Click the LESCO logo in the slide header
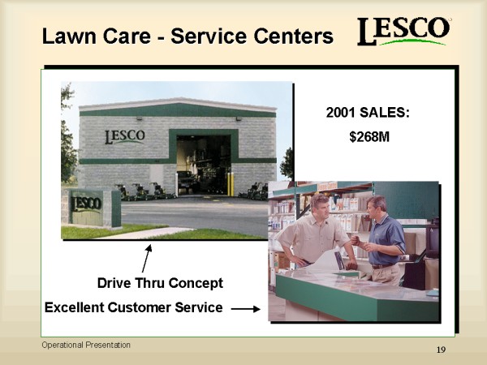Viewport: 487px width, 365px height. pos(403,31)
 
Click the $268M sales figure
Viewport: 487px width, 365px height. pos(369,137)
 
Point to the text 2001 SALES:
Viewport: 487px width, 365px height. pos(368,113)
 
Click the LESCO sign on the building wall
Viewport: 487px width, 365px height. pos(125,136)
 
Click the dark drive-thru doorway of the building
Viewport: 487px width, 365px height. pos(204,165)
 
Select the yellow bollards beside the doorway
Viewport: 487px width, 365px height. pos(231,184)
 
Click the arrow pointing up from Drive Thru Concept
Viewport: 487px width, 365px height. pos(147,258)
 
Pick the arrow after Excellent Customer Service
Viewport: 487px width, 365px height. pos(246,309)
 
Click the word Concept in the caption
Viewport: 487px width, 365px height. pos(196,283)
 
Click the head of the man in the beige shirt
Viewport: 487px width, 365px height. pos(320,206)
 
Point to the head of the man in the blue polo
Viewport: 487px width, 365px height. pos(377,208)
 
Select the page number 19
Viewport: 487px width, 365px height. pos(441,350)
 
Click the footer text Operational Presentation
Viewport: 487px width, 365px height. pos(86,345)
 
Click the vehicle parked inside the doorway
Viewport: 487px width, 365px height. pos(187,181)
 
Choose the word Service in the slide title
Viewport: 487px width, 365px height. pos(209,36)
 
